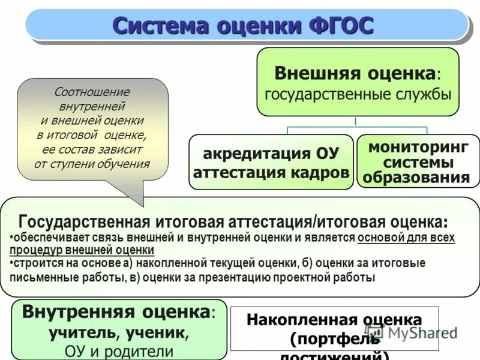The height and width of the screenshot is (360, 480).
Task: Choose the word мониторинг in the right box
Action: [418, 147]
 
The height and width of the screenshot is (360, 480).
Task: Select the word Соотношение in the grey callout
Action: [92, 92]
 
